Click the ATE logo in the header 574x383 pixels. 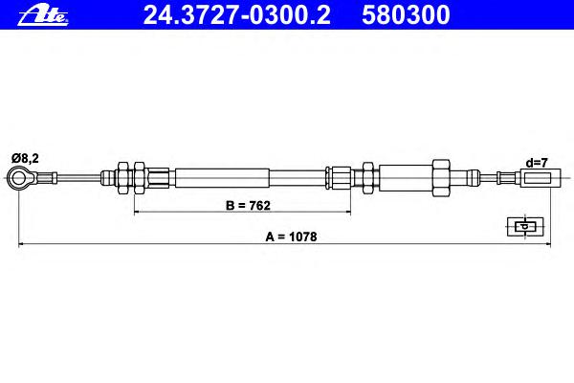click(x=43, y=16)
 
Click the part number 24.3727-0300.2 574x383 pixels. click(x=237, y=15)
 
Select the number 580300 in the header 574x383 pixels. click(x=406, y=15)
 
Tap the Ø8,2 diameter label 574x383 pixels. click(x=25, y=158)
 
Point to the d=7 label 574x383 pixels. click(x=537, y=163)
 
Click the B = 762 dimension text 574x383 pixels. click(x=248, y=206)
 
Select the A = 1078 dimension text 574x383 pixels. click(x=291, y=237)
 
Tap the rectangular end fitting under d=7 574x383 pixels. click(x=541, y=178)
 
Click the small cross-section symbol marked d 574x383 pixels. click(x=525, y=227)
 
